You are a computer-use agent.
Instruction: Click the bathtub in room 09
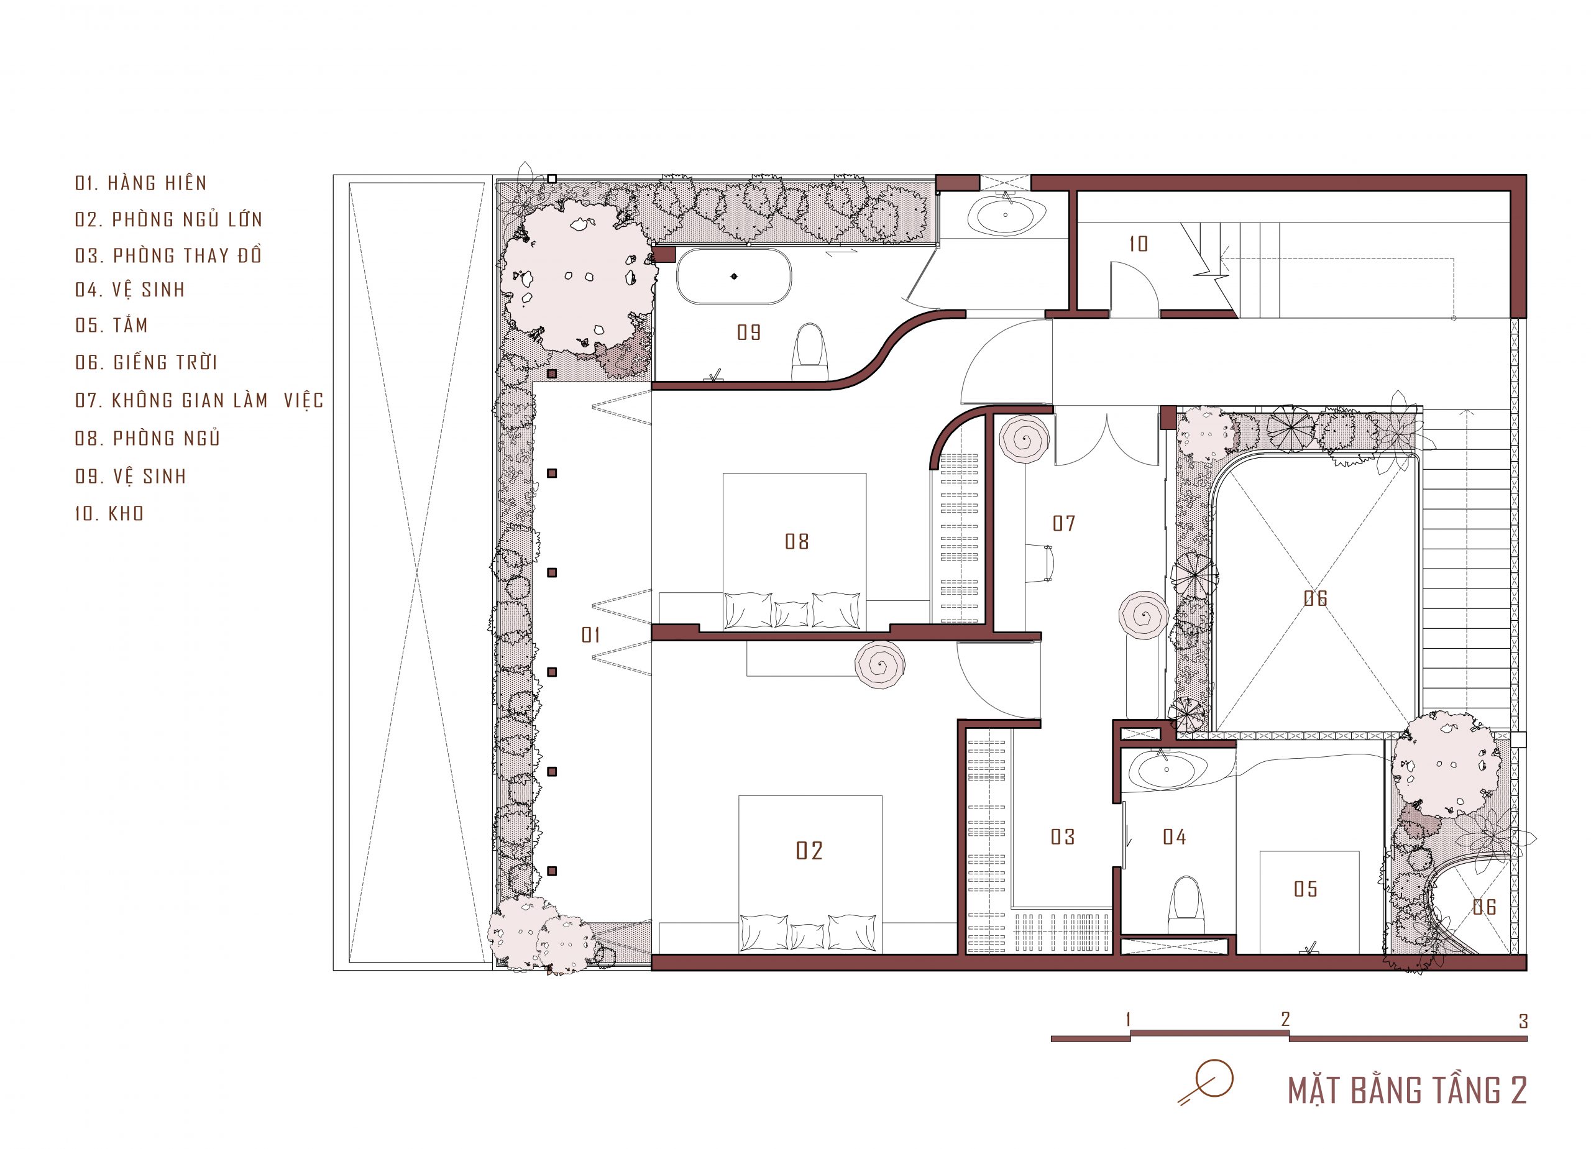click(x=734, y=276)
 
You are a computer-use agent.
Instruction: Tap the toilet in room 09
click(x=810, y=352)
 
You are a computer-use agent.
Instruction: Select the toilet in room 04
click(x=1186, y=905)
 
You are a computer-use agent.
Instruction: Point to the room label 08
click(x=797, y=541)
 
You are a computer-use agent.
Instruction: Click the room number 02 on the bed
click(x=809, y=851)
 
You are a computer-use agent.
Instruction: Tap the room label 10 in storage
click(x=1138, y=244)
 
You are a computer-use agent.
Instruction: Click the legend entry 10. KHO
click(x=109, y=513)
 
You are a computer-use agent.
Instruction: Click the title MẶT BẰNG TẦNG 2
click(x=1407, y=1090)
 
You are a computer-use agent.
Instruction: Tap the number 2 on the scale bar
click(x=1285, y=1019)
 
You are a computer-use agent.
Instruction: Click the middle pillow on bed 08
click(x=791, y=613)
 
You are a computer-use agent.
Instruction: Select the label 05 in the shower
click(x=1306, y=889)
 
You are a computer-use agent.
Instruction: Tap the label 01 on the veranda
click(x=590, y=635)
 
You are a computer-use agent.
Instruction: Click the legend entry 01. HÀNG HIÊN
click(x=141, y=183)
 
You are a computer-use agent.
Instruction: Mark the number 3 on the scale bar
click(x=1523, y=1022)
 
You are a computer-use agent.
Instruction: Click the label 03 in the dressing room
click(x=1063, y=836)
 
